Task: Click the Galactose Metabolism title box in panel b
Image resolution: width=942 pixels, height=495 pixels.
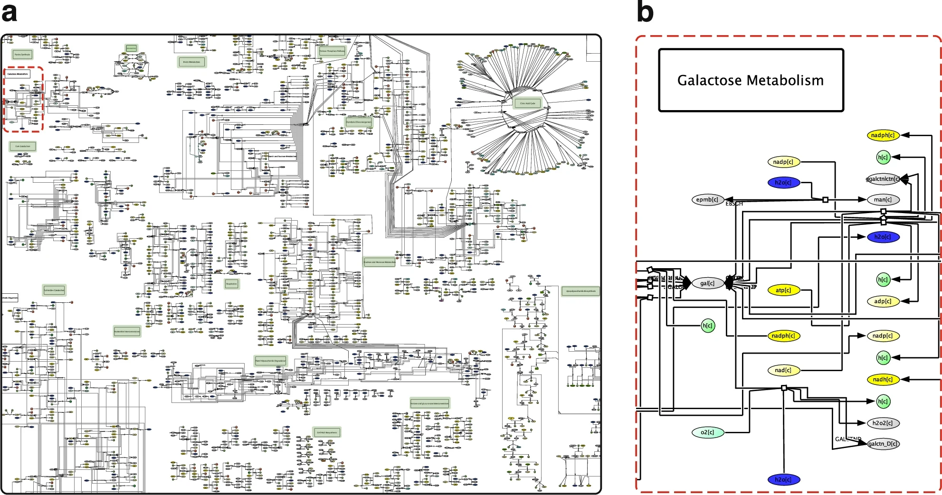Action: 751,80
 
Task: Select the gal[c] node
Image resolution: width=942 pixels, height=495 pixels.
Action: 707,283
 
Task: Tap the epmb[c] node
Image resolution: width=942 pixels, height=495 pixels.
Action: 707,200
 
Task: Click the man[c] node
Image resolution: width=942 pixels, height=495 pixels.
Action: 883,200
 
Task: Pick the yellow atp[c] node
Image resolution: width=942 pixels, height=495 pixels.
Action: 783,290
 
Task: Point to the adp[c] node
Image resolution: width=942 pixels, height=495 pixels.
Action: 883,301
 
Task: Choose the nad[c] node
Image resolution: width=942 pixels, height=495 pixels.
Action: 783,370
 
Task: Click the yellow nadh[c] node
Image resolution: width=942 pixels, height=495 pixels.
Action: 883,379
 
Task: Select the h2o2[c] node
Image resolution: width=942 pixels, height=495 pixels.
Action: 883,423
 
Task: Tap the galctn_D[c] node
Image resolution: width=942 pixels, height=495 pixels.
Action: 883,444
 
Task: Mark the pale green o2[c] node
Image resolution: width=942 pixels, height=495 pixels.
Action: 707,432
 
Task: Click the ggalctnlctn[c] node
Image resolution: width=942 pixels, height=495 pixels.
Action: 883,179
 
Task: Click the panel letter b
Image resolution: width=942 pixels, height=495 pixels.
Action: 645,12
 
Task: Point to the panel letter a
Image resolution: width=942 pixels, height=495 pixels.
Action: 10,13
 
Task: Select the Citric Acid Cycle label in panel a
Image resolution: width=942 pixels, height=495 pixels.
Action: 527,103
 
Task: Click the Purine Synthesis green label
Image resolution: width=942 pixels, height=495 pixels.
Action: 22,55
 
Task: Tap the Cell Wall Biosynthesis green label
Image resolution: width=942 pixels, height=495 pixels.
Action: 327,432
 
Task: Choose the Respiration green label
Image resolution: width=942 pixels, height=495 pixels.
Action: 231,284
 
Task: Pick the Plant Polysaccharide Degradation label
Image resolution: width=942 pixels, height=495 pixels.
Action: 271,361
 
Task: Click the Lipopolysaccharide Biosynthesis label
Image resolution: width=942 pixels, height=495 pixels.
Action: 580,291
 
